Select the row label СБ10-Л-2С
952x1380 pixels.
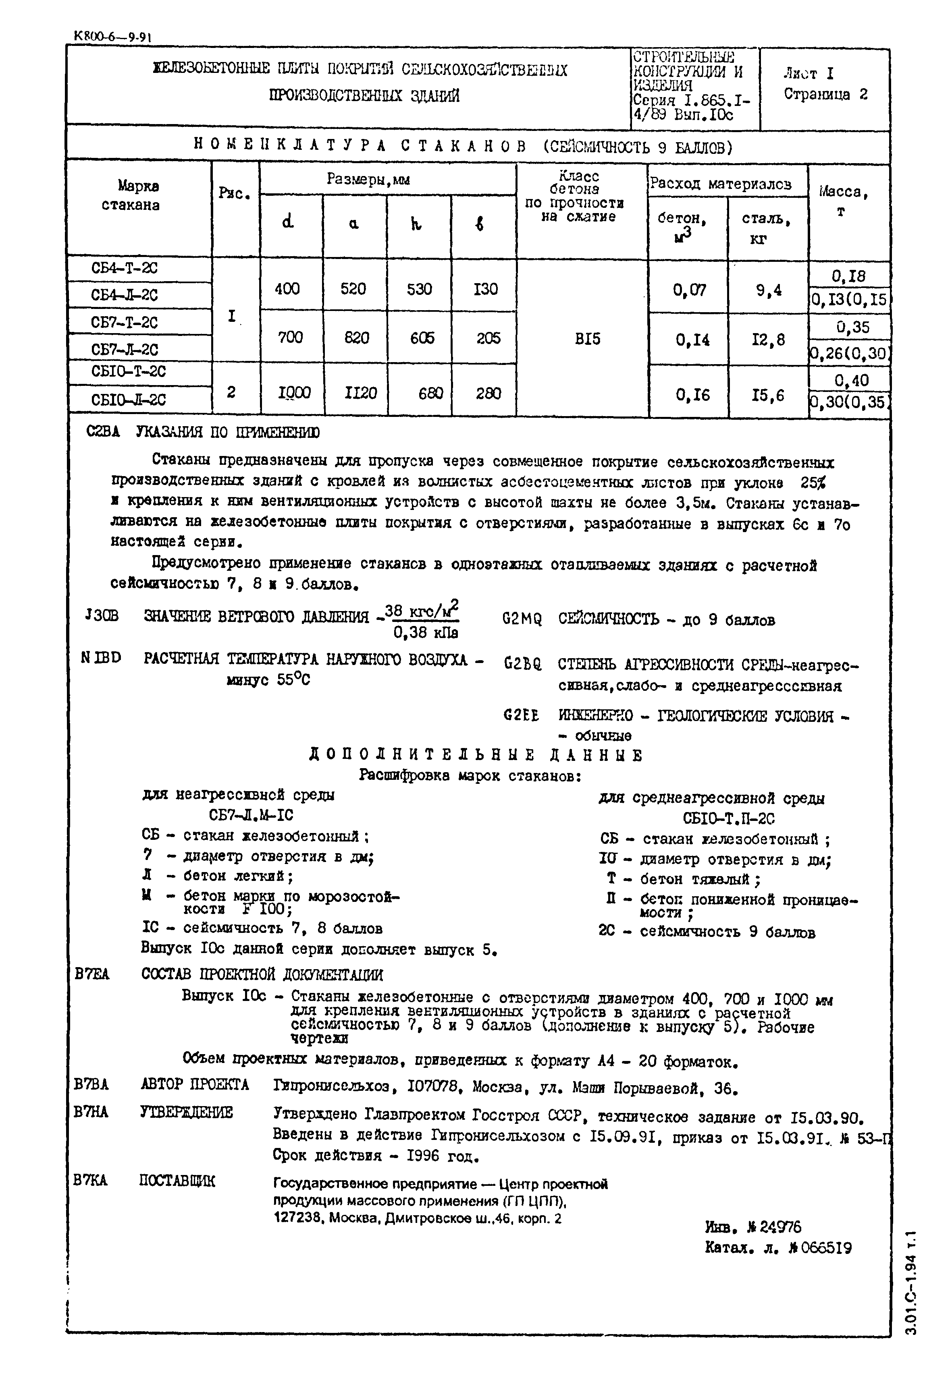(x=128, y=400)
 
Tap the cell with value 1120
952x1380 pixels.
(x=361, y=393)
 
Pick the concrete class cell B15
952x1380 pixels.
(x=588, y=339)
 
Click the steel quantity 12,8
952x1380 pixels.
(x=768, y=340)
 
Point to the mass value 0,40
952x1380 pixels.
(x=852, y=380)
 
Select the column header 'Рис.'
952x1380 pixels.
(x=235, y=194)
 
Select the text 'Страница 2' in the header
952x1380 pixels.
(x=825, y=94)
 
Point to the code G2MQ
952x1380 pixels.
(x=522, y=620)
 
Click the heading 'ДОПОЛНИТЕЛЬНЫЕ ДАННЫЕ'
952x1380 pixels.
(x=476, y=755)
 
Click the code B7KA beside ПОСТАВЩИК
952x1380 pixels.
(x=91, y=1180)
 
